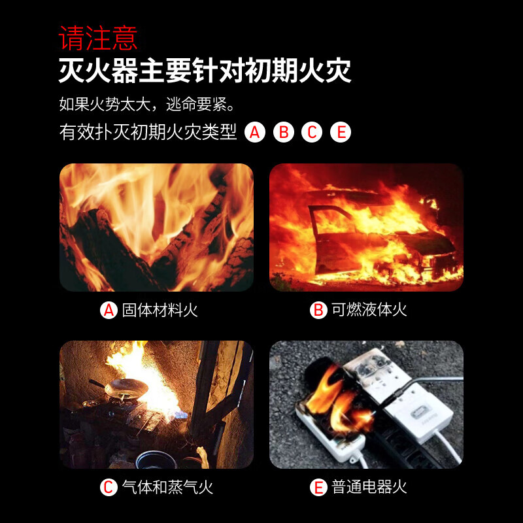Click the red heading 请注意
[x=98, y=37]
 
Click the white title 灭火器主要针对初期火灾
[x=205, y=70]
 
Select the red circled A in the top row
[x=255, y=133]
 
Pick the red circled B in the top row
[x=284, y=133]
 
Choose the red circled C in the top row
[x=312, y=133]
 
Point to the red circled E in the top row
[x=340, y=133]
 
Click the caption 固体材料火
[x=160, y=310]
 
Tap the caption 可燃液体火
[x=369, y=310]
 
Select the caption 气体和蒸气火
[x=167, y=487]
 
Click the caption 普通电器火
[x=369, y=487]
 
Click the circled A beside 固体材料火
[x=109, y=310]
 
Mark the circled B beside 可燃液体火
[x=318, y=310]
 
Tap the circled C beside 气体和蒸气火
[x=109, y=487]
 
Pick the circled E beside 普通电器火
[x=318, y=487]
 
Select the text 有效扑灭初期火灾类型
[x=148, y=133]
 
